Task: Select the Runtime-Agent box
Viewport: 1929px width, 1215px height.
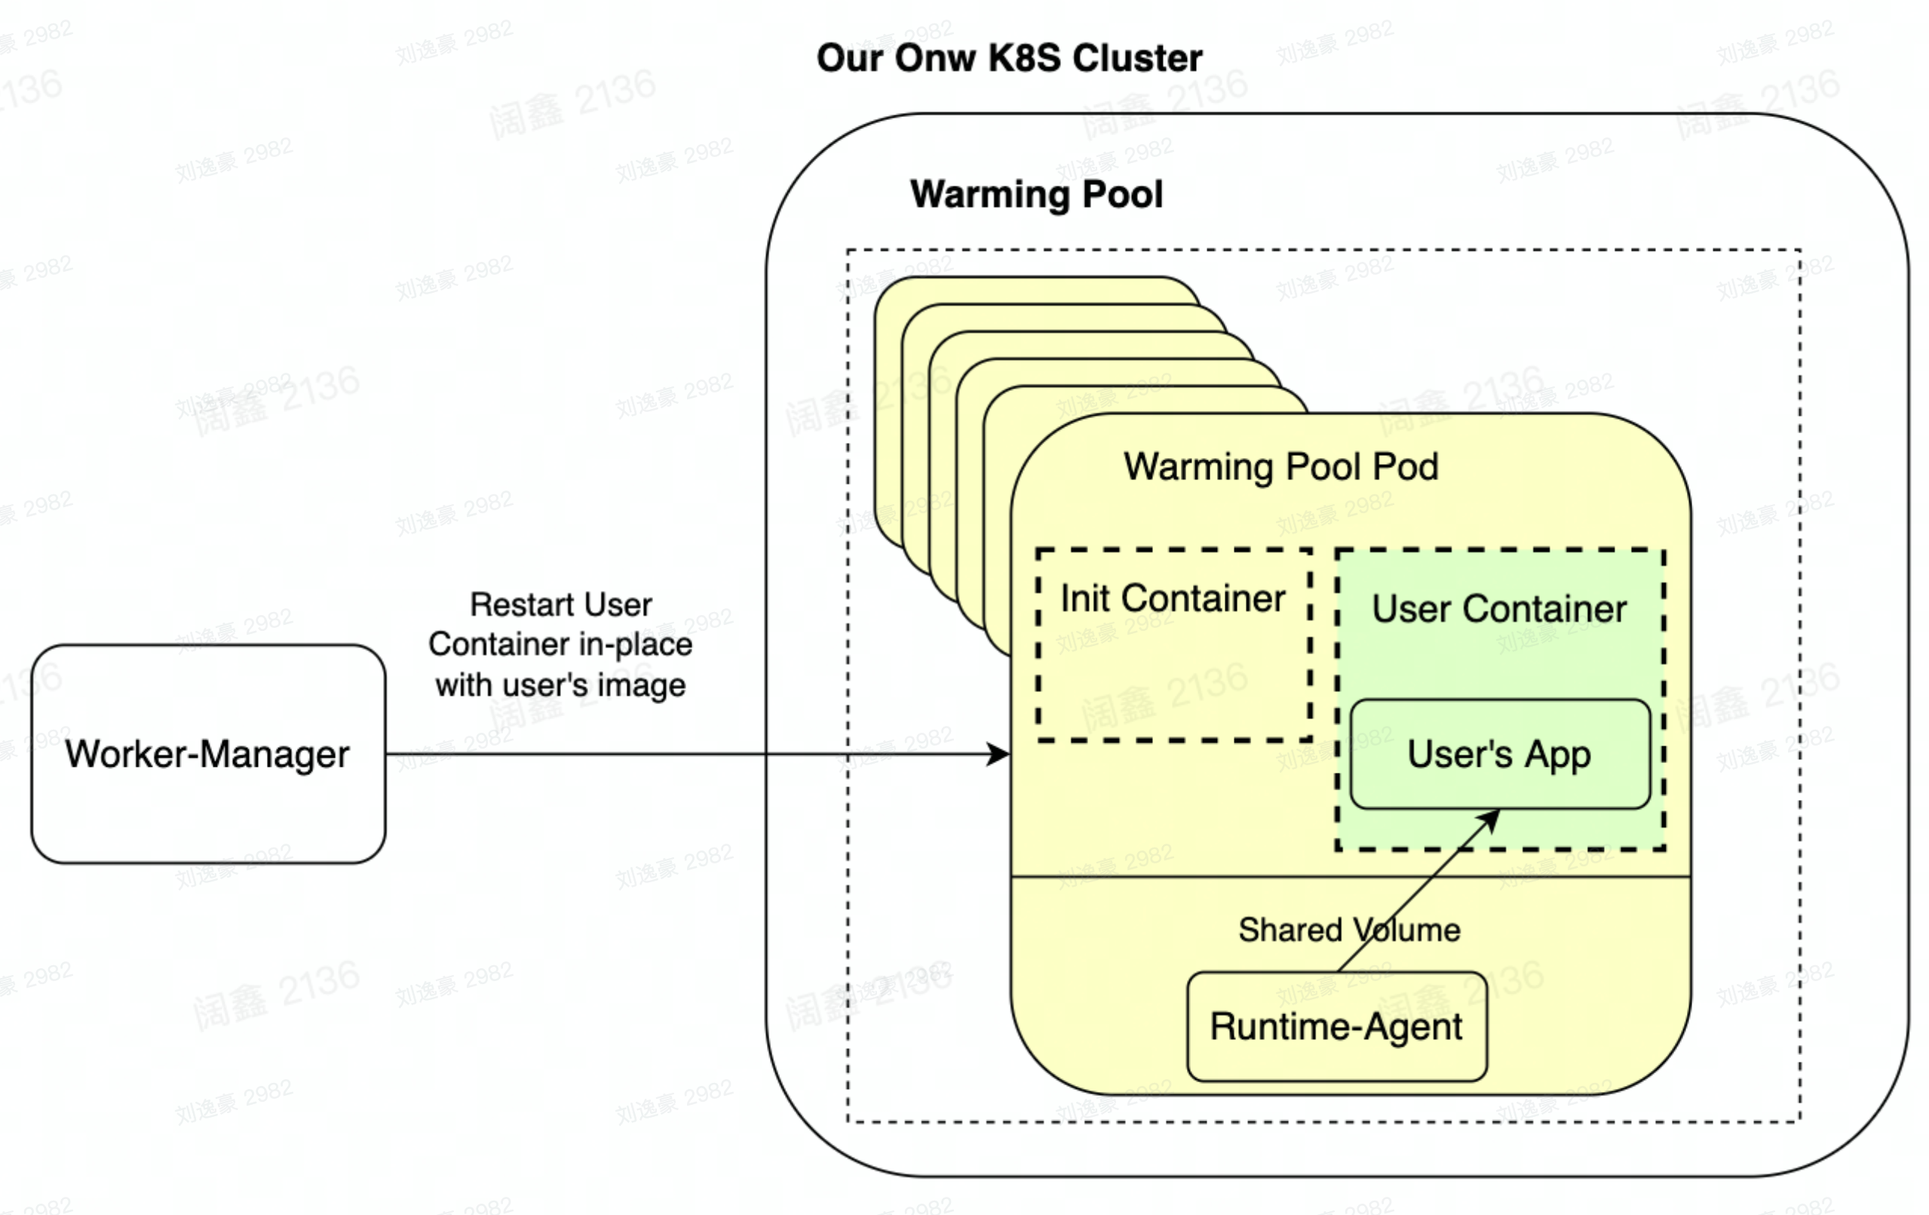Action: pyautogui.click(x=1336, y=1026)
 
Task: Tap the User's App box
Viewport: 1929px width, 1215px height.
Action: pyautogui.click(x=1499, y=754)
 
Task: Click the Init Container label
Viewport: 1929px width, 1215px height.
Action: pyautogui.click(x=1172, y=598)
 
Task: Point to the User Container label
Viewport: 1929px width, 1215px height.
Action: pyautogui.click(x=1499, y=608)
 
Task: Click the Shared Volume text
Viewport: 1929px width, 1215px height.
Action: pyautogui.click(x=1349, y=930)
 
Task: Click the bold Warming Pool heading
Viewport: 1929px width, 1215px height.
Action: pyautogui.click(x=1036, y=194)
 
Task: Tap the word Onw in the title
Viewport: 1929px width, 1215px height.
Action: pyautogui.click(x=935, y=57)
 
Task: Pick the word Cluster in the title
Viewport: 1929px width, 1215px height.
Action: pyautogui.click(x=1137, y=57)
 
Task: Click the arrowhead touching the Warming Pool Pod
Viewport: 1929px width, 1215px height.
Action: pyautogui.click(x=1000, y=753)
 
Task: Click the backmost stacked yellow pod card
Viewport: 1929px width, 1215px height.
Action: pyautogui.click(x=1033, y=290)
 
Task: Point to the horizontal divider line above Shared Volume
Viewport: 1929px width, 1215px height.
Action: pyautogui.click(x=1201, y=877)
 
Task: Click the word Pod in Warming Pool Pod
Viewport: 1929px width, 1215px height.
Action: pyautogui.click(x=1405, y=466)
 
